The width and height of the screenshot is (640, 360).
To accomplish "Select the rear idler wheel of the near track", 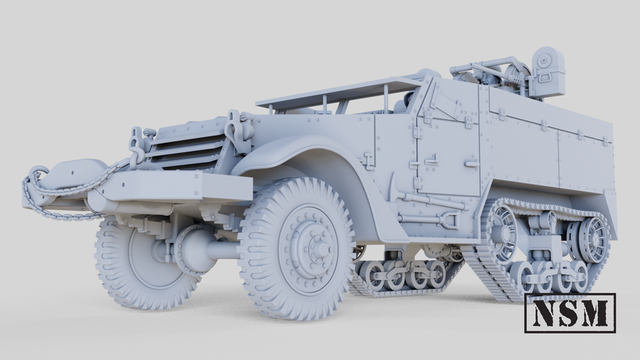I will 593,239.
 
